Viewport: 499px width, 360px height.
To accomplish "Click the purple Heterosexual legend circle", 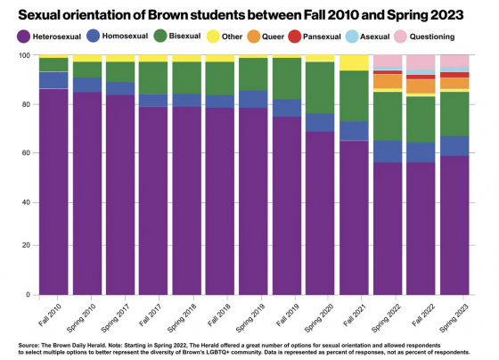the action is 23,37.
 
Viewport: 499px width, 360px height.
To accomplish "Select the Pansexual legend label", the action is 322,37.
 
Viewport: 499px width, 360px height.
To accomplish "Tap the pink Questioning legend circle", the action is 400,37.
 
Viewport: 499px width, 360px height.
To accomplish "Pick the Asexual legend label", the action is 374,37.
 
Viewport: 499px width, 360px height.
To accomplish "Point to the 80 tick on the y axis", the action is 26,104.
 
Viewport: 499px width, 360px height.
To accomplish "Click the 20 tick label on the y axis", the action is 26,245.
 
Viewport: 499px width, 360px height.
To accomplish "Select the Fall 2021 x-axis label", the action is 354,315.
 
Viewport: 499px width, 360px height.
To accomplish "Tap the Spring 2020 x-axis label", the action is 319,317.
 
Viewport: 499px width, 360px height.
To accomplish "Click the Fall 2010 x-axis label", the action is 49,315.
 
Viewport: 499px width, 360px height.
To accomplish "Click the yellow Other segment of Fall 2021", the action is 354,62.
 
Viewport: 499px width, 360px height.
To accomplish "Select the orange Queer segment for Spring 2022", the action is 388,81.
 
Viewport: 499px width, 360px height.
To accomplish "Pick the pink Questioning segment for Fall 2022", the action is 421,62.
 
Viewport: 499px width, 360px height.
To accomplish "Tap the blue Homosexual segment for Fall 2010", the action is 53,80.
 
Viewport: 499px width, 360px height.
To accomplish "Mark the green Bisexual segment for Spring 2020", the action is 320,88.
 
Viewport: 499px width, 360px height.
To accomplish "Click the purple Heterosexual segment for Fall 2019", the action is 287,206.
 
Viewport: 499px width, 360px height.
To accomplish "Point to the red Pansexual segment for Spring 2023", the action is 454,75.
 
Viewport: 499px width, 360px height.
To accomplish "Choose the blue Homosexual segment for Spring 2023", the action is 454,146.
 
